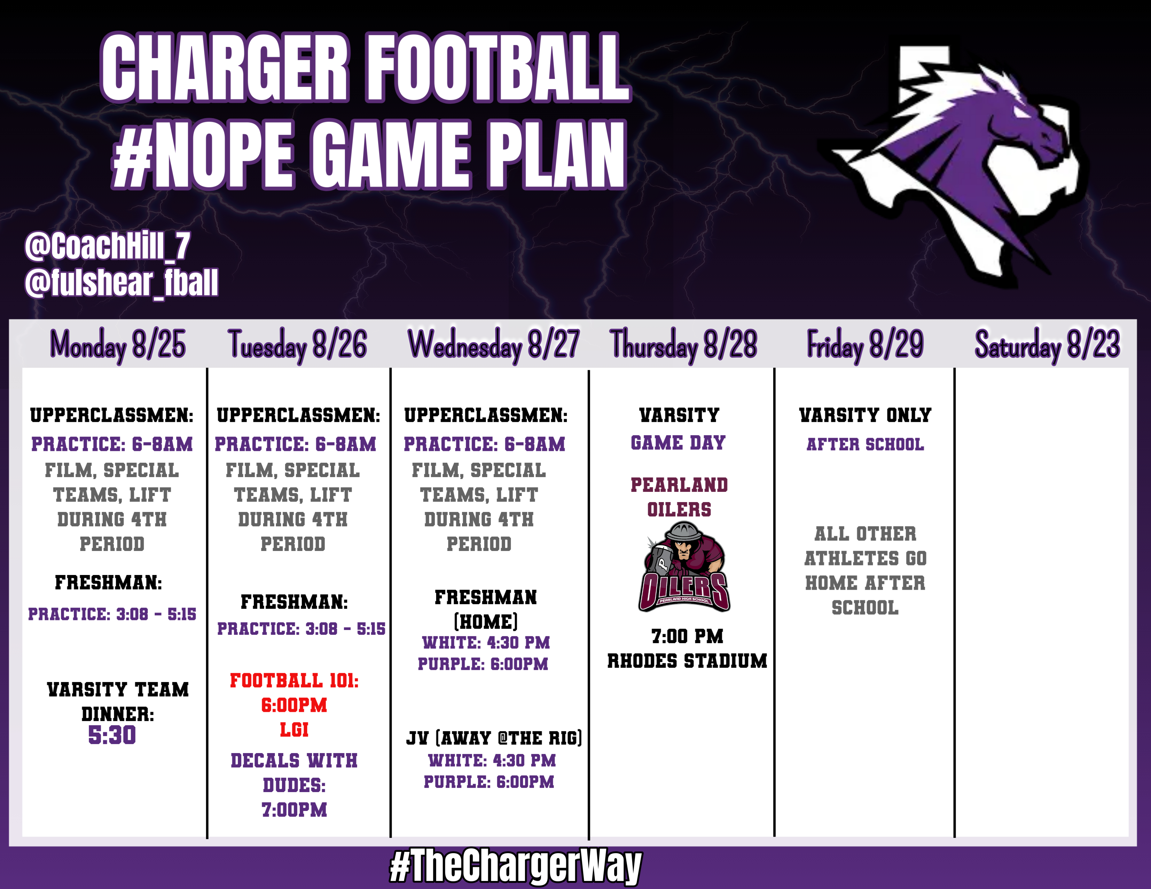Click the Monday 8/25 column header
pyautogui.click(x=118, y=345)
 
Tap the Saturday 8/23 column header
pyautogui.click(x=1047, y=345)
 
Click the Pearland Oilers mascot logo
pyautogui.click(x=684, y=566)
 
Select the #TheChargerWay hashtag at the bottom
pyautogui.click(x=515, y=866)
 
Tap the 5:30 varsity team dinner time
pyautogui.click(x=112, y=735)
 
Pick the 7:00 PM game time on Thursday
pyautogui.click(x=687, y=636)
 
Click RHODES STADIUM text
pyautogui.click(x=687, y=661)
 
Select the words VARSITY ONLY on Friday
pyautogui.click(x=865, y=415)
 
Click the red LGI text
pyautogui.click(x=294, y=730)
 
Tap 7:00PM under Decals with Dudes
pyautogui.click(x=294, y=809)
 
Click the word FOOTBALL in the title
pyautogui.click(x=498, y=67)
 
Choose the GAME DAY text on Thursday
pyautogui.click(x=678, y=443)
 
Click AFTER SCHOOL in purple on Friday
pyautogui.click(x=865, y=444)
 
